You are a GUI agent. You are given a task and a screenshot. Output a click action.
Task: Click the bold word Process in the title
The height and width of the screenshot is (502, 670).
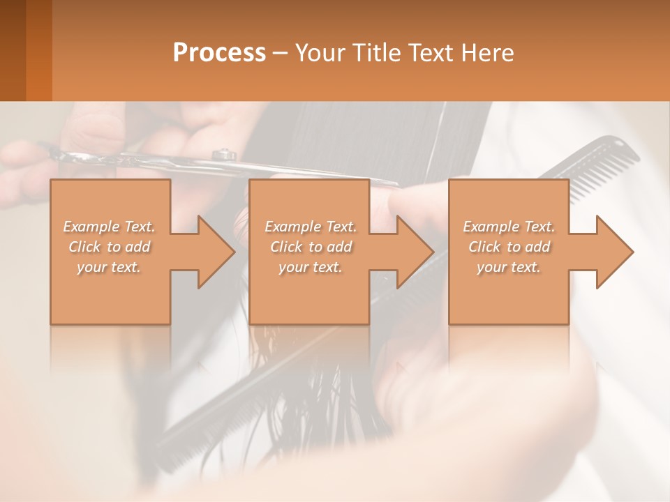(219, 53)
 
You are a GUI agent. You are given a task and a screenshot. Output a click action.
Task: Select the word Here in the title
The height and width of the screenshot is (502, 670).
(488, 53)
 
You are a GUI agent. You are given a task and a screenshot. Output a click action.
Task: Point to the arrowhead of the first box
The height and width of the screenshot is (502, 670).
(216, 252)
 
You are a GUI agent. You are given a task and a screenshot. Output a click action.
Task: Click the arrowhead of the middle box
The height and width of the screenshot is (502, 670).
(415, 252)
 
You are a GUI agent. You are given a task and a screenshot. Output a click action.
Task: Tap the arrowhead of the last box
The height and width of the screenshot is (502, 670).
(615, 252)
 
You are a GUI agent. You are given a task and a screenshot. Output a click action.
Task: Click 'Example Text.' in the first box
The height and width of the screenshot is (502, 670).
(109, 227)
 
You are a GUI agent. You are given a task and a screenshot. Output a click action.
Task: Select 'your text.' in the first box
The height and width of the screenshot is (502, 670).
(109, 267)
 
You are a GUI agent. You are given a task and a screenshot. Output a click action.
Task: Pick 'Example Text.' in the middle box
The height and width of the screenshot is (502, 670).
(311, 227)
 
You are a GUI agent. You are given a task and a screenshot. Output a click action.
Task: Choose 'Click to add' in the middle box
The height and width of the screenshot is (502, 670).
(311, 247)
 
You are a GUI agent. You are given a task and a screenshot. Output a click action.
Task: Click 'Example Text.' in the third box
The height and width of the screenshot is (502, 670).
(509, 227)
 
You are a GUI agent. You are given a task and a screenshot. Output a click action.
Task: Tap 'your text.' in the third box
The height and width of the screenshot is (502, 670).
(509, 267)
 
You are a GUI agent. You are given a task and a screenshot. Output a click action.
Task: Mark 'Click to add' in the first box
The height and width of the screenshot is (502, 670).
(109, 247)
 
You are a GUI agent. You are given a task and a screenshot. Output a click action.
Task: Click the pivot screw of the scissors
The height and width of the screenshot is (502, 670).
(223, 153)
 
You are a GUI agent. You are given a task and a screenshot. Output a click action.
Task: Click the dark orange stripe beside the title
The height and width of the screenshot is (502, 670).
(39, 50)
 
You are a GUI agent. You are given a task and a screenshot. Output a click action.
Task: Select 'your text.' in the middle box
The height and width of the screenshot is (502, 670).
(311, 267)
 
